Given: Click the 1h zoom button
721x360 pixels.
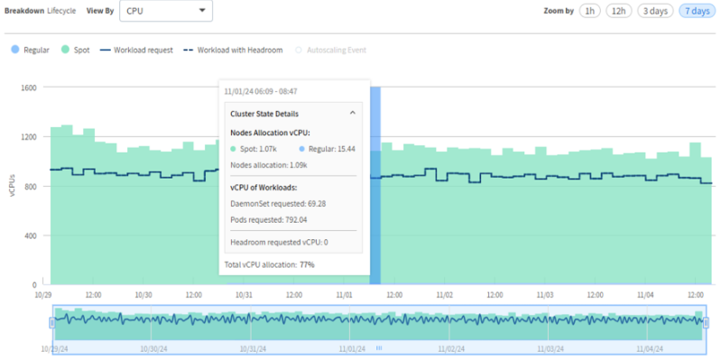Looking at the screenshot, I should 589,11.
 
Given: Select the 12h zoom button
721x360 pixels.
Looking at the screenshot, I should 618,11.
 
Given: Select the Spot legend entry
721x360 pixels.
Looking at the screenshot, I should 75,50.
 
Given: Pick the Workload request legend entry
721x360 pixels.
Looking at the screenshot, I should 136,50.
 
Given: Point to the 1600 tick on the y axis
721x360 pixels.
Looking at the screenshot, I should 27,88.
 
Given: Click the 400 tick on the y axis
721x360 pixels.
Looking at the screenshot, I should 29,235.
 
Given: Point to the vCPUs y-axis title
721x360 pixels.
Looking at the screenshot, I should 12,186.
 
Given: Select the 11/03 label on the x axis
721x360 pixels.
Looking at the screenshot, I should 543,294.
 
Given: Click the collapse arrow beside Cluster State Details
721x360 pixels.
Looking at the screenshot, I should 353,114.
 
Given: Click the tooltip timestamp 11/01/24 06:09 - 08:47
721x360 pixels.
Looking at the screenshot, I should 261,91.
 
